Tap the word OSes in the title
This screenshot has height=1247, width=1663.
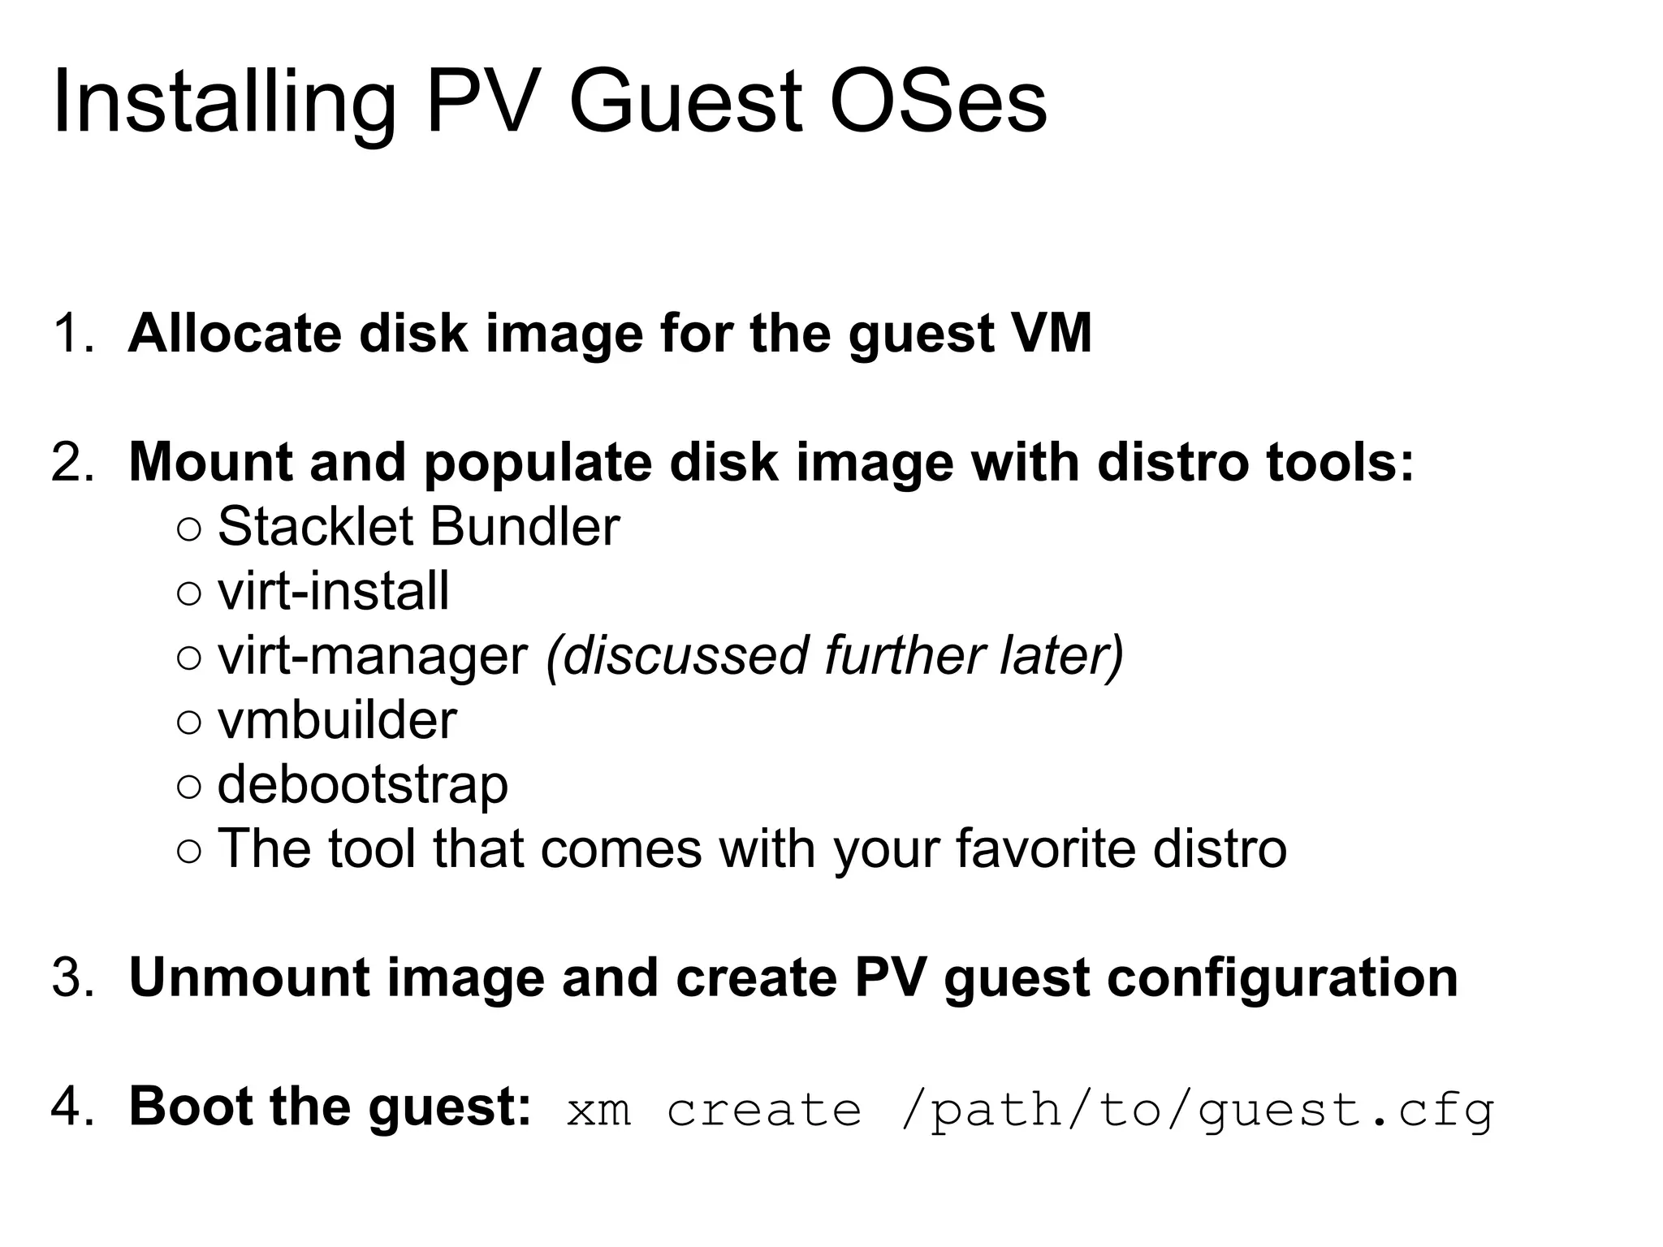[938, 102]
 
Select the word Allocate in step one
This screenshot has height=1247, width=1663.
[235, 334]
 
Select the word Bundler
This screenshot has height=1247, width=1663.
[525, 527]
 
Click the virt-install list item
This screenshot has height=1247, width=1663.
[333, 591]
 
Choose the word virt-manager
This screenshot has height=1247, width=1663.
[373, 656]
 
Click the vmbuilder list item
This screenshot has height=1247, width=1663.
[337, 720]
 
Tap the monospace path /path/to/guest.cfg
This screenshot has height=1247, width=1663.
[1197, 1110]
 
